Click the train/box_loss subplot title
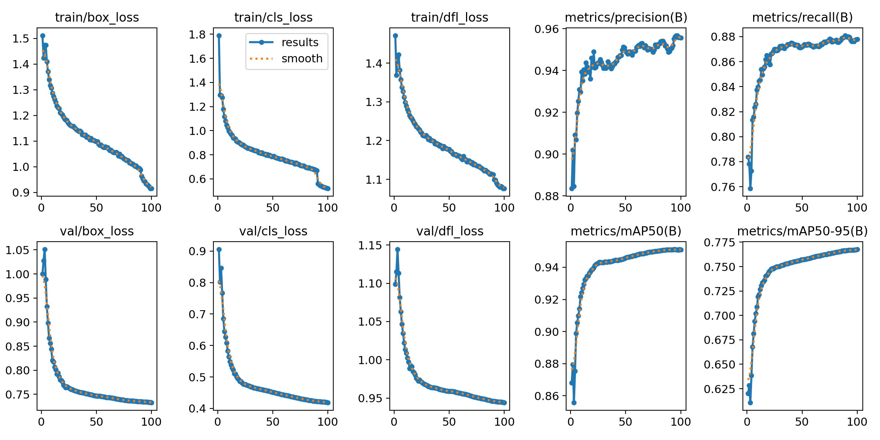pos(97,18)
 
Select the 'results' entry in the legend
pos(300,43)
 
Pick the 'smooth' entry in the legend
pos(302,59)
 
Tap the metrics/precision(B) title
pos(626,18)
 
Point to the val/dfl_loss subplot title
pos(450,231)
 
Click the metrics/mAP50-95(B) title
pos(802,231)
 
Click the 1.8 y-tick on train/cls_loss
pos(197,34)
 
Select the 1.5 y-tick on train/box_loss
pos(21,38)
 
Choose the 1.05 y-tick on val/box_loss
pos(17,250)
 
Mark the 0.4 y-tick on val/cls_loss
pos(197,408)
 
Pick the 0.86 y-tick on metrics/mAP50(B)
pos(546,396)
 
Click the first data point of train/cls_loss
pos(219,36)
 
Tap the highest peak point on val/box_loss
pos(45,249)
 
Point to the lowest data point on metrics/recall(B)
pos(750,188)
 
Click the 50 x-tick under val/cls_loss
pos(273,422)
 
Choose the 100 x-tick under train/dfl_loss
pos(504,208)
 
